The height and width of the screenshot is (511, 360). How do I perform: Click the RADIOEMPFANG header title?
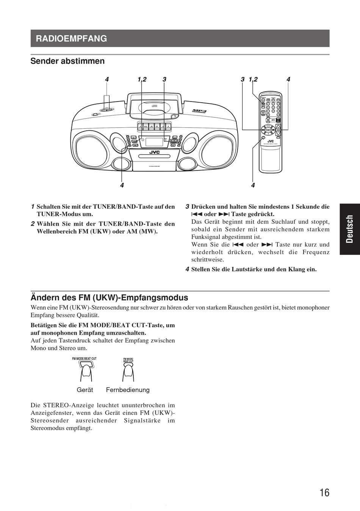pyautogui.click(x=71, y=38)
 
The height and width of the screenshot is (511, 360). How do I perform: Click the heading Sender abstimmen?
pyautogui.click(x=67, y=61)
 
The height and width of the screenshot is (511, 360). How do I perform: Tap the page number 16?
pyautogui.click(x=324, y=492)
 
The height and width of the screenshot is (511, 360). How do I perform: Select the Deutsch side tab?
pyautogui.click(x=349, y=229)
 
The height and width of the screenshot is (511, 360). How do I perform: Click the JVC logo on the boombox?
pyautogui.click(x=154, y=152)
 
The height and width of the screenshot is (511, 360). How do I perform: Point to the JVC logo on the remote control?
pyautogui.click(x=271, y=141)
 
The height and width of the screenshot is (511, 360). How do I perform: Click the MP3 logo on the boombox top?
pyautogui.click(x=199, y=111)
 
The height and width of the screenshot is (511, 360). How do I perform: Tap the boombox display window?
pyautogui.click(x=154, y=142)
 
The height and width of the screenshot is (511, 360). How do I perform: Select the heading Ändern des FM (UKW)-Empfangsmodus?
pyautogui.click(x=109, y=297)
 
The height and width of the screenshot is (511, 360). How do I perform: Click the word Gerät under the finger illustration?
pyautogui.click(x=85, y=390)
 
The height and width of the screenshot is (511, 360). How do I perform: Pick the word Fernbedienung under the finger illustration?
pyautogui.click(x=128, y=390)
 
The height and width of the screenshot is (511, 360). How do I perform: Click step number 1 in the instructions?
pyautogui.click(x=33, y=207)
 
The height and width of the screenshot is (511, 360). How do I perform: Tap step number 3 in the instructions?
pyautogui.click(x=187, y=207)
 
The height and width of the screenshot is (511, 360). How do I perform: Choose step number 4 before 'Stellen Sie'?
pyautogui.click(x=187, y=269)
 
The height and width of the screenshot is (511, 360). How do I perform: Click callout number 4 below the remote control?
pyautogui.click(x=253, y=185)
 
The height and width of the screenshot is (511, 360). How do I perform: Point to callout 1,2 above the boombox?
pyautogui.click(x=142, y=80)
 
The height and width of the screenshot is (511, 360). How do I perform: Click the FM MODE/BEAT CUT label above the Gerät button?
pyautogui.click(x=84, y=358)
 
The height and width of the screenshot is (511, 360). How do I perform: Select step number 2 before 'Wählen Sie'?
pyautogui.click(x=33, y=224)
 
